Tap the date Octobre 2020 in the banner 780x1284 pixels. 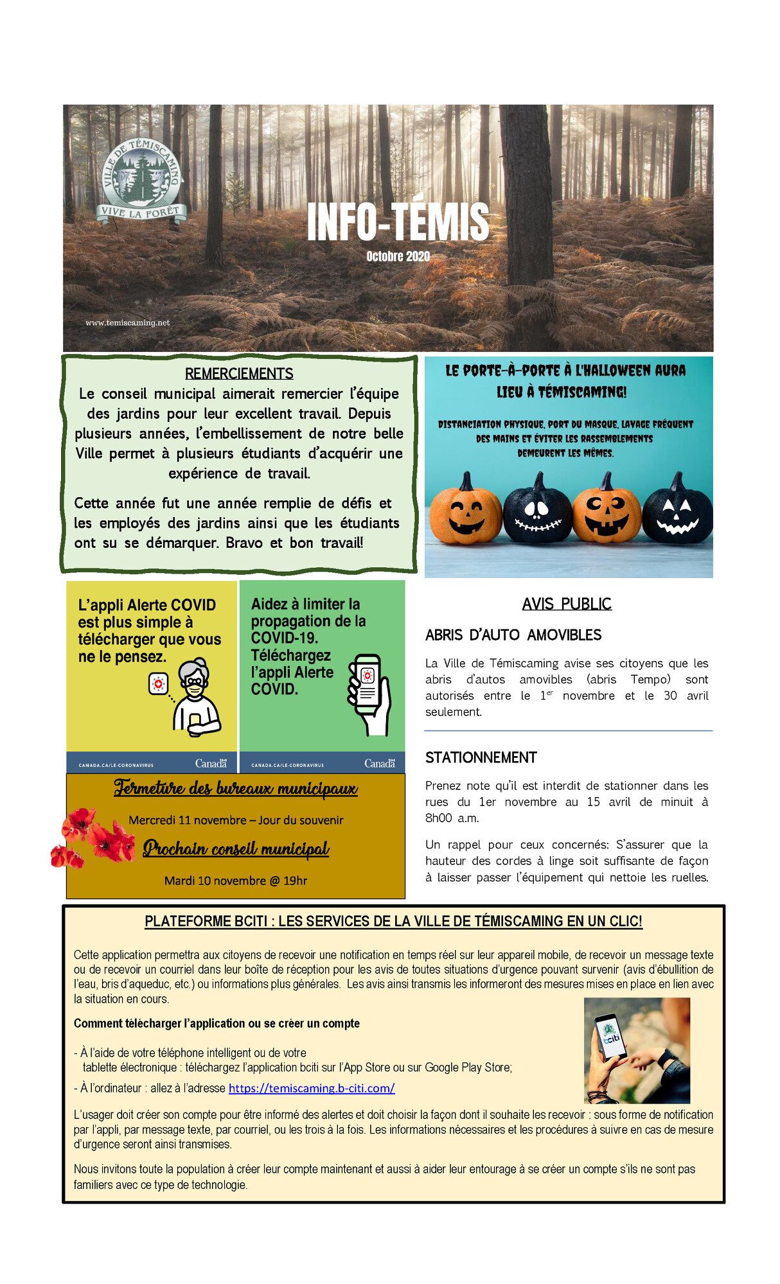click(x=398, y=256)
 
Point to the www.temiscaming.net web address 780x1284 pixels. click(x=128, y=322)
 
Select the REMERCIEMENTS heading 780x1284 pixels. click(x=239, y=373)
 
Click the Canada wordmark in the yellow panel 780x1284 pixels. click(x=211, y=763)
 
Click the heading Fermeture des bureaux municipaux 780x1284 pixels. click(x=236, y=788)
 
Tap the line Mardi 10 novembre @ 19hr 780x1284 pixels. click(x=236, y=880)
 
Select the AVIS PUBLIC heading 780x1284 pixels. click(x=567, y=604)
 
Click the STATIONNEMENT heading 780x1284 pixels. click(x=481, y=757)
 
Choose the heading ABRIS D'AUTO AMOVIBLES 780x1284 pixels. click(x=513, y=635)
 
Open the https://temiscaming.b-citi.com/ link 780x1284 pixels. click(x=312, y=1088)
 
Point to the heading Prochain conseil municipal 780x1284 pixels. click(x=236, y=849)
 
